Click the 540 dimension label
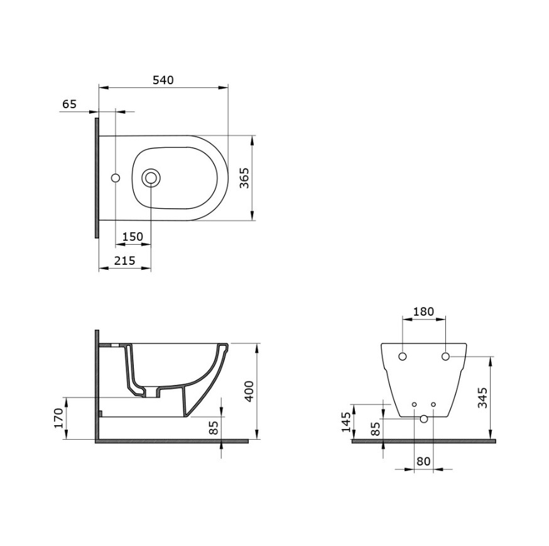[163, 81]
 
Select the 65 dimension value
[69, 104]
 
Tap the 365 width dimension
[244, 178]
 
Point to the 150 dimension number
[133, 237]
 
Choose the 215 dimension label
[124, 260]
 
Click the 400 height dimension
[249, 391]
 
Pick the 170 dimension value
[59, 418]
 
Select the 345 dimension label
[483, 398]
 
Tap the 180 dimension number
[423, 311]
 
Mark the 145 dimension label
[346, 422]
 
